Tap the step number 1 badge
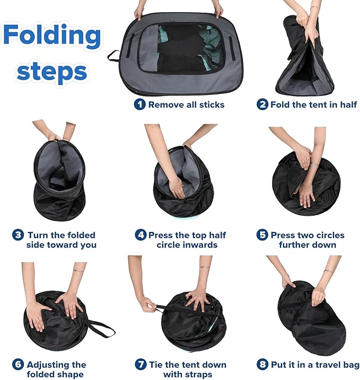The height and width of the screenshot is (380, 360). [139, 104]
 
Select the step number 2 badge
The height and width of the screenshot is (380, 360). [262, 105]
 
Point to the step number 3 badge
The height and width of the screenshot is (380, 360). [18, 235]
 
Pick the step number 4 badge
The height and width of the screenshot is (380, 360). [141, 235]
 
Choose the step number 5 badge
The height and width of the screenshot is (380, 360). [262, 235]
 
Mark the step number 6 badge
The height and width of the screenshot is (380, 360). [18, 365]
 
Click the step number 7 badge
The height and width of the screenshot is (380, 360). [141, 365]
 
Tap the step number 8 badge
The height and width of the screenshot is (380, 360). [262, 365]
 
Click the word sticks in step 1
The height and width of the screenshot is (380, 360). [210, 105]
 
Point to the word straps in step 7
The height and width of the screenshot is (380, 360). [199, 374]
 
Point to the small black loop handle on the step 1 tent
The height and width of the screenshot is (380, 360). [114, 56]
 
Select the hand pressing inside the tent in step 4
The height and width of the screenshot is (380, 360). [177, 188]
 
